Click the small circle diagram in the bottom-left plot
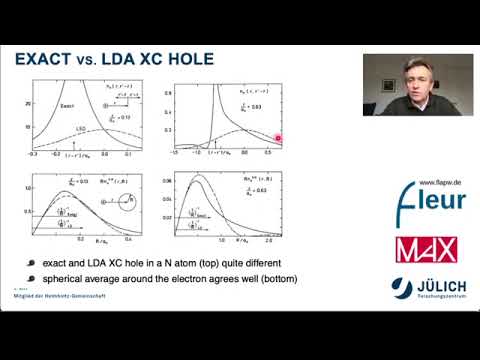coord(127,203)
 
